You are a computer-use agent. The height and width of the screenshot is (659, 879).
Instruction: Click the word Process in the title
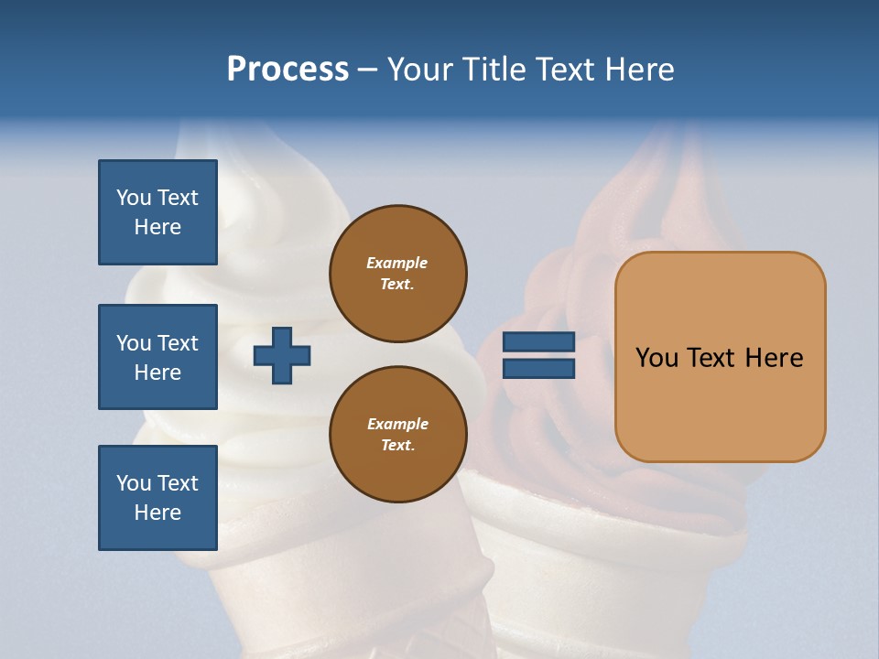point(288,70)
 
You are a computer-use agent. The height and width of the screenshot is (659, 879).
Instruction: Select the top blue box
point(157,212)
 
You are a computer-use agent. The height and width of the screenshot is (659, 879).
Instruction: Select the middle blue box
point(157,357)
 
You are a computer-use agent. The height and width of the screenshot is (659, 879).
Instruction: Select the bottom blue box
point(157,498)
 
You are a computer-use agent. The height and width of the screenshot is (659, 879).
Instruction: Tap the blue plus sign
point(282,355)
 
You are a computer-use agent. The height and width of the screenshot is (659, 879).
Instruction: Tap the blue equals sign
point(538,355)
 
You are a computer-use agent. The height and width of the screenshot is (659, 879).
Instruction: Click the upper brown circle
point(398,274)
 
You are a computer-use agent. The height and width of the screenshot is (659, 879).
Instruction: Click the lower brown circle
point(398,435)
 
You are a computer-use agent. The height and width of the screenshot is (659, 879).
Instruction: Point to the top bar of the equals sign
point(538,341)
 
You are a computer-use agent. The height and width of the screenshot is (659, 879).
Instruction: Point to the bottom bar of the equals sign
point(538,368)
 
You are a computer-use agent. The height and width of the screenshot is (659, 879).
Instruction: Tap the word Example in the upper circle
point(397,263)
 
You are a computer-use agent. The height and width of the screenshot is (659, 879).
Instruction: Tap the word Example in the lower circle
point(397,424)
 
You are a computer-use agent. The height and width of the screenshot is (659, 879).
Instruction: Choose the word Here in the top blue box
point(157,227)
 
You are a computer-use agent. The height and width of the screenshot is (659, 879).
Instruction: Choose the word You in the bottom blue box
point(134,483)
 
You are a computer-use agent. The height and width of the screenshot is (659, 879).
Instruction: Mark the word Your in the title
point(420,70)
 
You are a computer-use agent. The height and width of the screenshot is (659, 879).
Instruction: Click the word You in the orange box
point(657,358)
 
